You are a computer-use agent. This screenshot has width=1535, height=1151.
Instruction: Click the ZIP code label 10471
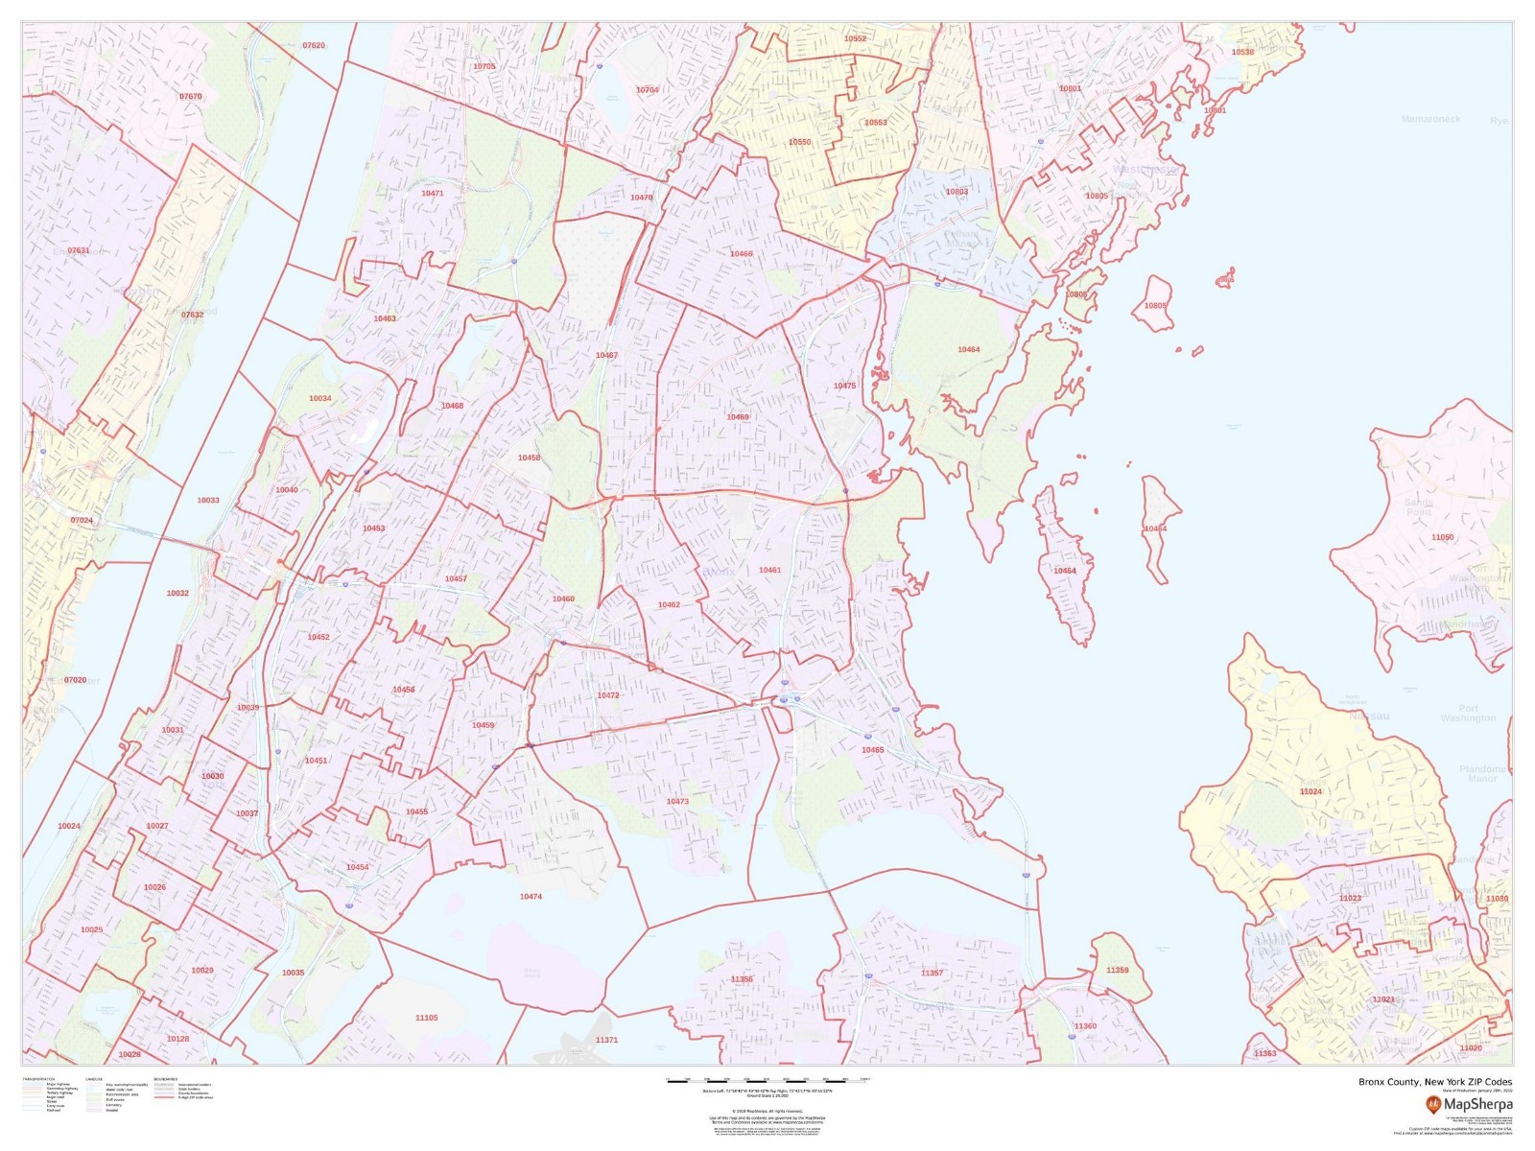[432, 193]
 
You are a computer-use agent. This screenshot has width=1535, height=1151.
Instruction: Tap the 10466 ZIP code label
[741, 254]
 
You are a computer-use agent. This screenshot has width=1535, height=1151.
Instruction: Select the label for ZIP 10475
[844, 386]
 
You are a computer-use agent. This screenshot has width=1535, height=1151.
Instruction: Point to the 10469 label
[738, 417]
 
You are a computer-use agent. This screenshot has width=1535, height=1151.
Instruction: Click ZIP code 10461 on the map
[769, 570]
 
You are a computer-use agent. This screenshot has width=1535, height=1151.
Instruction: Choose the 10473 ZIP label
[677, 801]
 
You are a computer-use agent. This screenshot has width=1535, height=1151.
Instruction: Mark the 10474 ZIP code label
[531, 896]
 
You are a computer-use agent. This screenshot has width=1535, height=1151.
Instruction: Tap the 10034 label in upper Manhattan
[319, 398]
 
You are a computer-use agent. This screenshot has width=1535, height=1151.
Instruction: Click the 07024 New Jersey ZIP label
[82, 520]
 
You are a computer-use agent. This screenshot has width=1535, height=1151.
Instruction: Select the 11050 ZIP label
[1442, 537]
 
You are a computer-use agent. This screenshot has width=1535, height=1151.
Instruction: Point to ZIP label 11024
[1311, 791]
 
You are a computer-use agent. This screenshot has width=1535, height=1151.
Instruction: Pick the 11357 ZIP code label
[932, 973]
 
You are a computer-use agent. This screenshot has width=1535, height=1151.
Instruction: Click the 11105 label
[426, 1018]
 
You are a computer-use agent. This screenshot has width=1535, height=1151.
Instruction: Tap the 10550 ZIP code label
[799, 142]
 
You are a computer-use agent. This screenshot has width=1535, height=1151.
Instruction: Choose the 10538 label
[1242, 52]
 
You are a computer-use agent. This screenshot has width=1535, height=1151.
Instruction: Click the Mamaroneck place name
[1430, 119]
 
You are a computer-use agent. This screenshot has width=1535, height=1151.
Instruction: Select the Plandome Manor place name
[1482, 773]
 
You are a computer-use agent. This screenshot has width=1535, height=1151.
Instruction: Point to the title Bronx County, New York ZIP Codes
[1434, 1082]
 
